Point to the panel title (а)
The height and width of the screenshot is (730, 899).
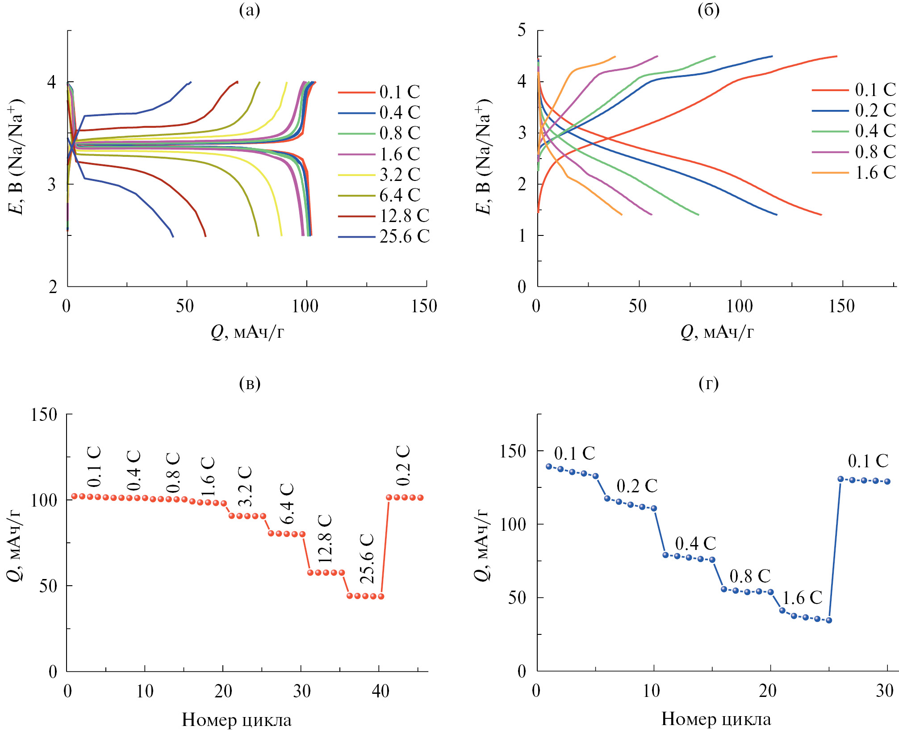(x=249, y=10)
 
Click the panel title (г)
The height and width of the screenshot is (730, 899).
(x=708, y=383)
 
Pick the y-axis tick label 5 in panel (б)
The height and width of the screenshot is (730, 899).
(x=522, y=30)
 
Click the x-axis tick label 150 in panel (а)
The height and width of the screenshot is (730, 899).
(x=424, y=306)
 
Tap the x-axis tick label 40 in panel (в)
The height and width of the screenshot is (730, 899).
(x=380, y=691)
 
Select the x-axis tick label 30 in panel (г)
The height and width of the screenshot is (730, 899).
(x=884, y=691)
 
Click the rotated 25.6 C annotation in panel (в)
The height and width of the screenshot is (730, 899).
(x=367, y=558)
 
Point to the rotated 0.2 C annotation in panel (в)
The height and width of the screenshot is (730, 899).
(x=403, y=466)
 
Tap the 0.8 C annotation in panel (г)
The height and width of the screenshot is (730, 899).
(x=750, y=576)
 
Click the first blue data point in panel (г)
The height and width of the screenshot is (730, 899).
(x=549, y=466)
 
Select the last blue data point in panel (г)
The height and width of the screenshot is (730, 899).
(x=887, y=482)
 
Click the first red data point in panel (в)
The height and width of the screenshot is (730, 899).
(x=75, y=496)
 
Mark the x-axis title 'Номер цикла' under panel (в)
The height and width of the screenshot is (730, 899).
(x=237, y=720)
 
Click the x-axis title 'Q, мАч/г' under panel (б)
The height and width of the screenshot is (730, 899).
(x=717, y=332)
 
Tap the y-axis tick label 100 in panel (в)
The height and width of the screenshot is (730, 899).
(x=44, y=500)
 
